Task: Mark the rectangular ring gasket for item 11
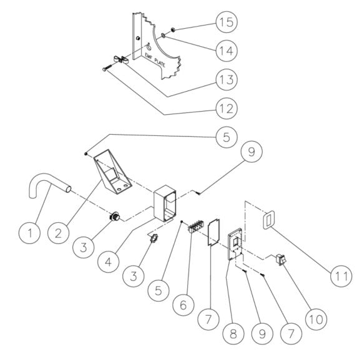tap(267, 220)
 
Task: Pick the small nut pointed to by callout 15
tap(172, 28)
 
